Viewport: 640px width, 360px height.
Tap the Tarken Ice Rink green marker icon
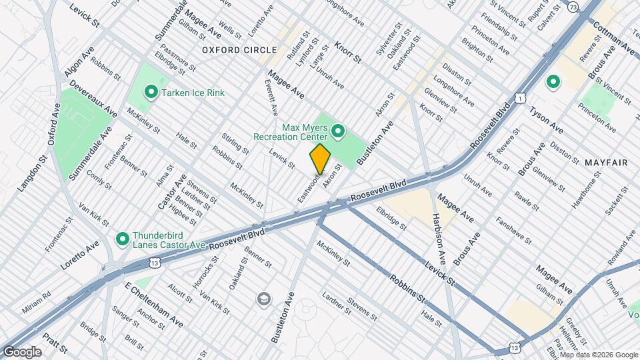[x=151, y=93]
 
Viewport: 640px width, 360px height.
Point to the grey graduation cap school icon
[x=264, y=298]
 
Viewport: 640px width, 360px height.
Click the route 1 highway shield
[x=521, y=98]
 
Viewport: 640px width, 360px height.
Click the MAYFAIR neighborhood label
[x=604, y=163]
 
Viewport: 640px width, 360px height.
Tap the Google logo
[x=22, y=351]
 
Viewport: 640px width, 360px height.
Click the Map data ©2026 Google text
[x=599, y=355]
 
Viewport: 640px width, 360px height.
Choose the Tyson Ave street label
[x=547, y=119]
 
